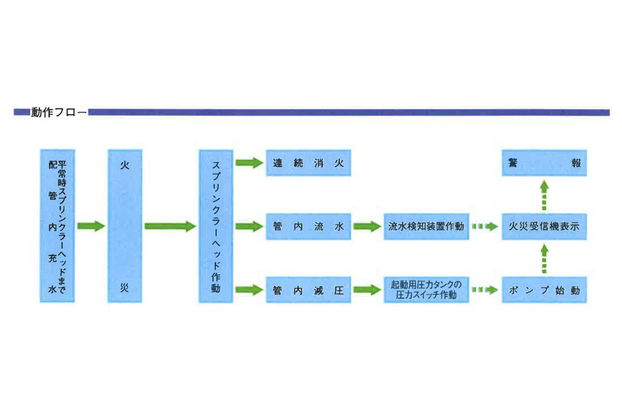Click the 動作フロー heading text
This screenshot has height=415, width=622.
click(x=59, y=112)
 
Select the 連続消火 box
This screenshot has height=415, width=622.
click(x=308, y=164)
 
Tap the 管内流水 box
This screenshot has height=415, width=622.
click(x=308, y=226)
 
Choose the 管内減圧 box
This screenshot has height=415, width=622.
click(x=308, y=290)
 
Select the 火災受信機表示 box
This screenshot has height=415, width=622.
click(x=544, y=226)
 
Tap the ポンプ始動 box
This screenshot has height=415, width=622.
click(x=544, y=290)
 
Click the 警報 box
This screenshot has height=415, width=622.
click(x=544, y=164)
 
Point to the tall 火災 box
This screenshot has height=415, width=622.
click(x=125, y=226)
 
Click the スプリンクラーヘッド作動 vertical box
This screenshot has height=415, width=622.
click(x=216, y=226)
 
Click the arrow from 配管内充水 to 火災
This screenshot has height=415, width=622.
click(x=91, y=226)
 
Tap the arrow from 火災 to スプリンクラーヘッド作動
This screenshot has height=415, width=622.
click(x=170, y=226)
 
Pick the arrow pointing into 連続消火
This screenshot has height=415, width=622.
click(x=249, y=164)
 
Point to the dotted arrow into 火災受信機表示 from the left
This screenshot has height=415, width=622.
click(x=484, y=226)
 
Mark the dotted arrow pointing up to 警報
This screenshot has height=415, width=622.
click(x=544, y=194)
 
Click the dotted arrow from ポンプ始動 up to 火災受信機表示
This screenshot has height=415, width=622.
click(x=544, y=259)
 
